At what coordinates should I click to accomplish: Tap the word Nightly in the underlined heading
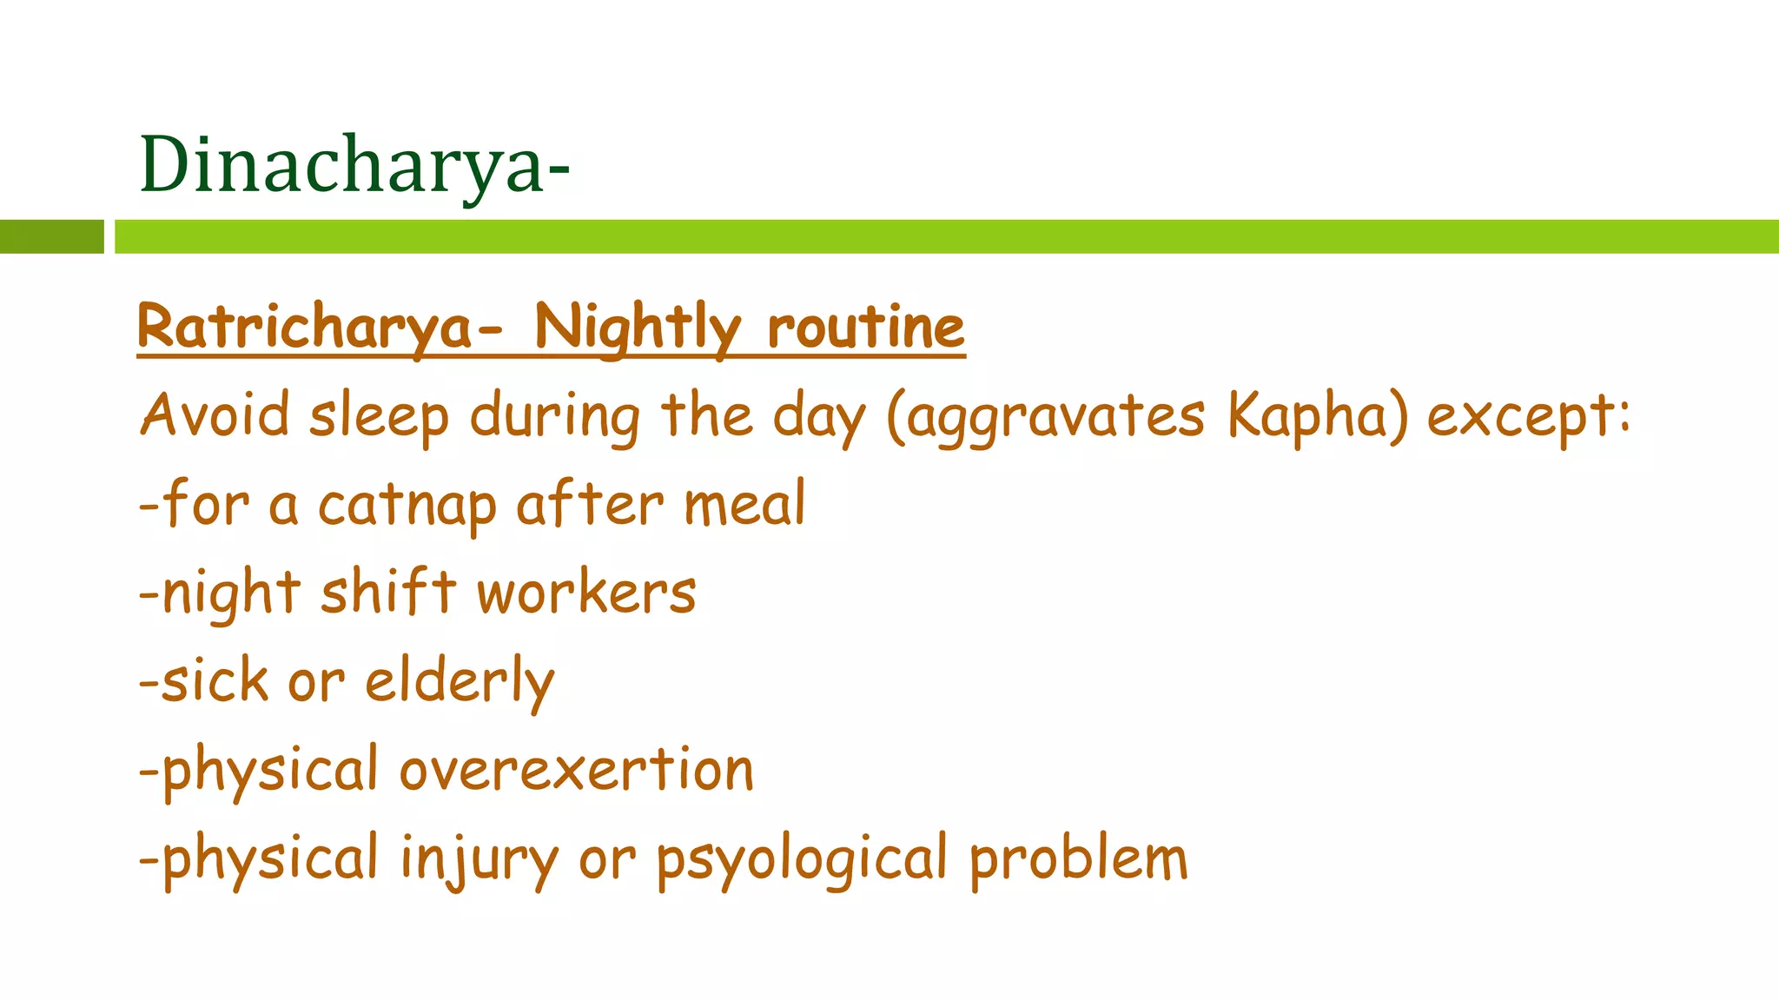click(x=638, y=328)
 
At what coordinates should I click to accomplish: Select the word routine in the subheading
click(x=866, y=328)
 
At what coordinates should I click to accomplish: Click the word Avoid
click(x=215, y=415)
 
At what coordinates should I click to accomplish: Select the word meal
click(x=745, y=504)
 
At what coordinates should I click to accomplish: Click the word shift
click(x=388, y=593)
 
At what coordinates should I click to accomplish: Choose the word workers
click(x=586, y=594)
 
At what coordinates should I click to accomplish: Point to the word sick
click(x=215, y=680)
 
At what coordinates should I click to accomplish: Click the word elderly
click(x=460, y=682)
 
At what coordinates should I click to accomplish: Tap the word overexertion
click(x=576, y=771)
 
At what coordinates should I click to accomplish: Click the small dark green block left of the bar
click(x=51, y=236)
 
